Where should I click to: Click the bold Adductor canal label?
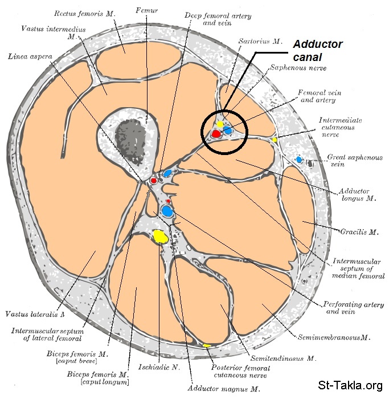click(x=317, y=50)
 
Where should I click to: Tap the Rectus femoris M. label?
click(x=87, y=12)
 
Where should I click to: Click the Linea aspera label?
click(x=31, y=56)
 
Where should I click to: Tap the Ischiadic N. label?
click(x=155, y=367)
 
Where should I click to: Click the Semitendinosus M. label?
click(x=288, y=359)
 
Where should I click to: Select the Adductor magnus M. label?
click(x=224, y=389)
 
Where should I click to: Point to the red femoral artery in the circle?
click(x=216, y=134)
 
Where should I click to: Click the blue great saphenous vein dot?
click(x=299, y=160)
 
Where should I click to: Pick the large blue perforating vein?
click(x=167, y=211)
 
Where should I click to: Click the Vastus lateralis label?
click(x=34, y=314)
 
